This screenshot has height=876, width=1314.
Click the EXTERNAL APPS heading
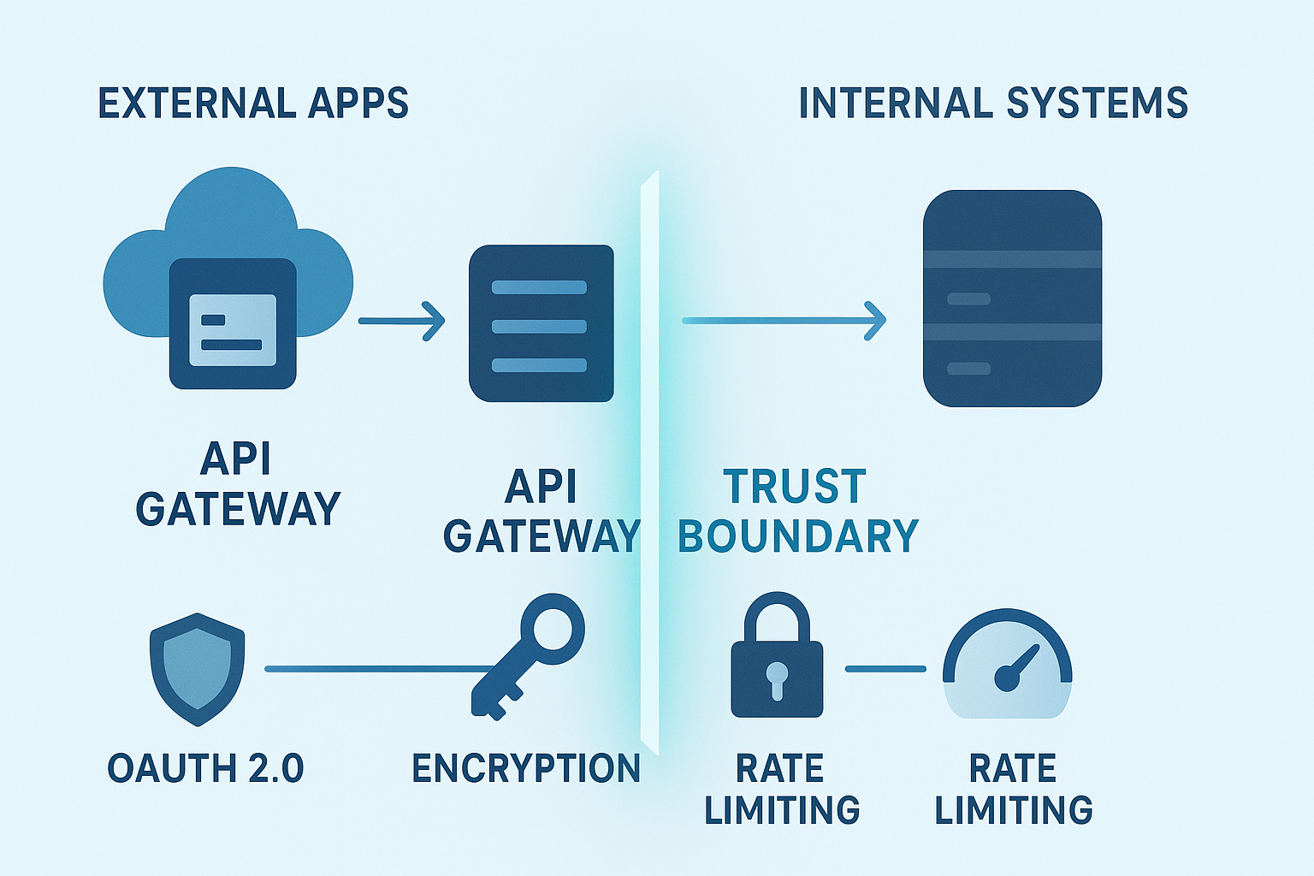253,104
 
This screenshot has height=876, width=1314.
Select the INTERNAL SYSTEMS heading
992,104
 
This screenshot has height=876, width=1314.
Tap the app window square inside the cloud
233,324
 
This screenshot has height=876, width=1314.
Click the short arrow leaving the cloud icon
401,322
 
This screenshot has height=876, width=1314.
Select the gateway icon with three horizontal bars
541,324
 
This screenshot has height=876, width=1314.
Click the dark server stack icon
1012,299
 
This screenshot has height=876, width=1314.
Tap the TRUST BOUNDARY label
797,512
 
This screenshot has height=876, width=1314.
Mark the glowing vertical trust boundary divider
650,462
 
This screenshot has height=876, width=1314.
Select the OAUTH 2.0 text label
205,768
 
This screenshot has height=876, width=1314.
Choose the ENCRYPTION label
526,768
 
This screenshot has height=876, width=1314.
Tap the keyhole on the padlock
777,678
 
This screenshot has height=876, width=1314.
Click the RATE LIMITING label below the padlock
781,789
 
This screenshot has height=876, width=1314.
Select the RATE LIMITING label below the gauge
1013,789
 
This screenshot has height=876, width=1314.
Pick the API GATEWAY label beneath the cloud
238,484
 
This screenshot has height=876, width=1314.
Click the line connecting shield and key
376,669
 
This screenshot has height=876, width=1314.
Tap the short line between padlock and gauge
885,669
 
